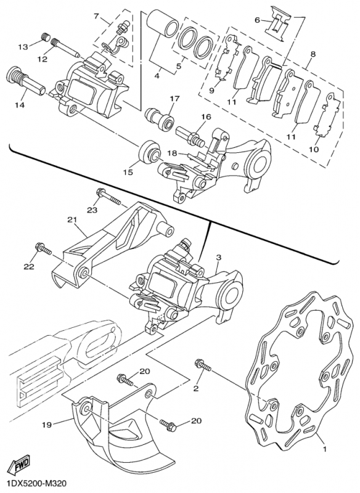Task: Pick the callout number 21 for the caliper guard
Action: tap(72, 220)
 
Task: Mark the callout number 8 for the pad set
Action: tap(313, 54)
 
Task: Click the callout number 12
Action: tap(43, 59)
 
